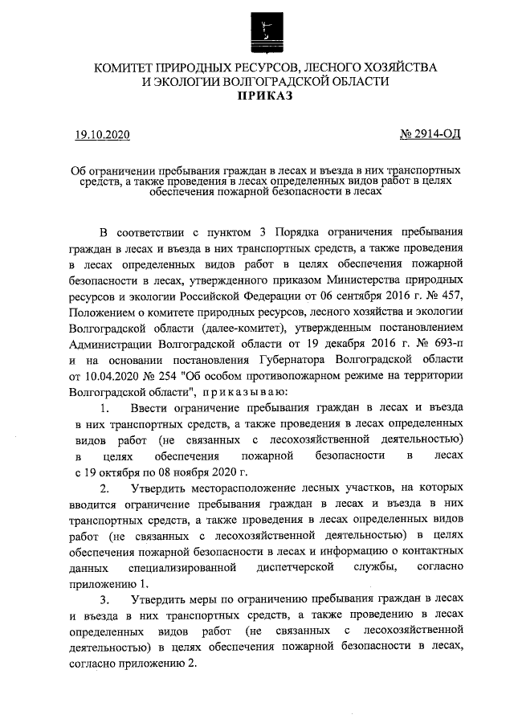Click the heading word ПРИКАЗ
[264, 96]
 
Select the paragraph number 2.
[105, 488]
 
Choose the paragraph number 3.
[105, 600]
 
